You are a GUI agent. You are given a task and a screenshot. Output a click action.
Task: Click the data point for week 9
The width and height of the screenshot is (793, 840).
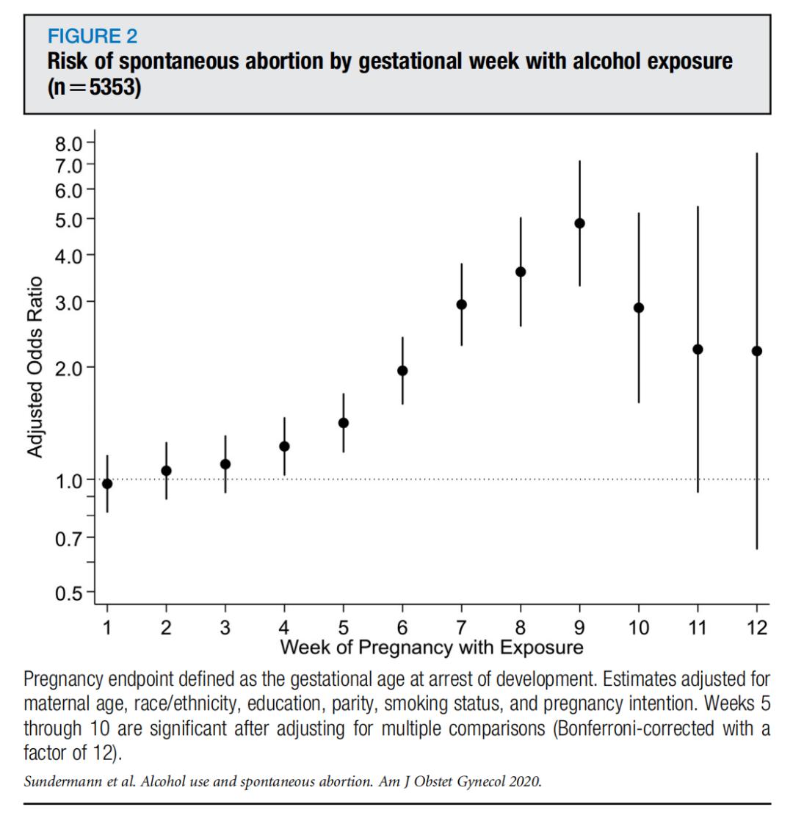(x=579, y=223)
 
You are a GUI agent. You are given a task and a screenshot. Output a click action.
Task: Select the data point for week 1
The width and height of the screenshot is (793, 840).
(x=107, y=483)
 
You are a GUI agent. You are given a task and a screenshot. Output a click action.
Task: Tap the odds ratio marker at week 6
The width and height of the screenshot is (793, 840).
(x=402, y=371)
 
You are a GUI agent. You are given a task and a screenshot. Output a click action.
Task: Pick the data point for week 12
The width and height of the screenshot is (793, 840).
(x=757, y=351)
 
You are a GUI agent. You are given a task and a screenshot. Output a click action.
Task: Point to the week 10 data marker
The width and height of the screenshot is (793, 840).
(x=639, y=308)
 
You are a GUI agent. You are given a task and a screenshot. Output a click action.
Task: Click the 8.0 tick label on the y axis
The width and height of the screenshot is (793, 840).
(x=70, y=142)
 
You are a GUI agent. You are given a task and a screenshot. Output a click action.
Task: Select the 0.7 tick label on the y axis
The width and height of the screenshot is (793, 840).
(x=70, y=537)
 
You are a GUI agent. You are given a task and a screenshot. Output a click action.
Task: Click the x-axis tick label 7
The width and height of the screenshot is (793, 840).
(x=461, y=629)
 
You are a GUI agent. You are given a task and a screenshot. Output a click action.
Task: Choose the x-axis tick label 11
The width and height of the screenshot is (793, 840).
(x=698, y=629)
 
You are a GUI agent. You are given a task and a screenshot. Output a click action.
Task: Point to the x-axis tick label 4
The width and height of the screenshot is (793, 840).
(x=284, y=629)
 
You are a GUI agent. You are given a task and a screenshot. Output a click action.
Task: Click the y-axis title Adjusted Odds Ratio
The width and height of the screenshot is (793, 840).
(x=35, y=367)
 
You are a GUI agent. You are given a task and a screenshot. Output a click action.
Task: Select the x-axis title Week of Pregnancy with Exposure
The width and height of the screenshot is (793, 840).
(x=432, y=647)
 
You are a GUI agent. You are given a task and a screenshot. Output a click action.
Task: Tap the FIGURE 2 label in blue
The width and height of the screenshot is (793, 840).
(x=93, y=35)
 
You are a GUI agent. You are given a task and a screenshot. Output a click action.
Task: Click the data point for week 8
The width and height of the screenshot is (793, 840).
(x=521, y=272)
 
